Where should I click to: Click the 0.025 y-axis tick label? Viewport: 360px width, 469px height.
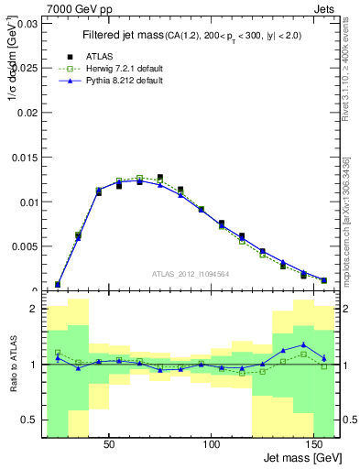point(25,68)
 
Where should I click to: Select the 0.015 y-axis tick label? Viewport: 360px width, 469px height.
point(25,158)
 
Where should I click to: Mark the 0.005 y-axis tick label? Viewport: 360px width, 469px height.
point(25,246)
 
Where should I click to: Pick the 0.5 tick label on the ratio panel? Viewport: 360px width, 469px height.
point(28,420)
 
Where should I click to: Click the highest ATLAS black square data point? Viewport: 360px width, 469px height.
point(160,178)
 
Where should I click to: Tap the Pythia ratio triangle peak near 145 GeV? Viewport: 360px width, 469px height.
point(303,344)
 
